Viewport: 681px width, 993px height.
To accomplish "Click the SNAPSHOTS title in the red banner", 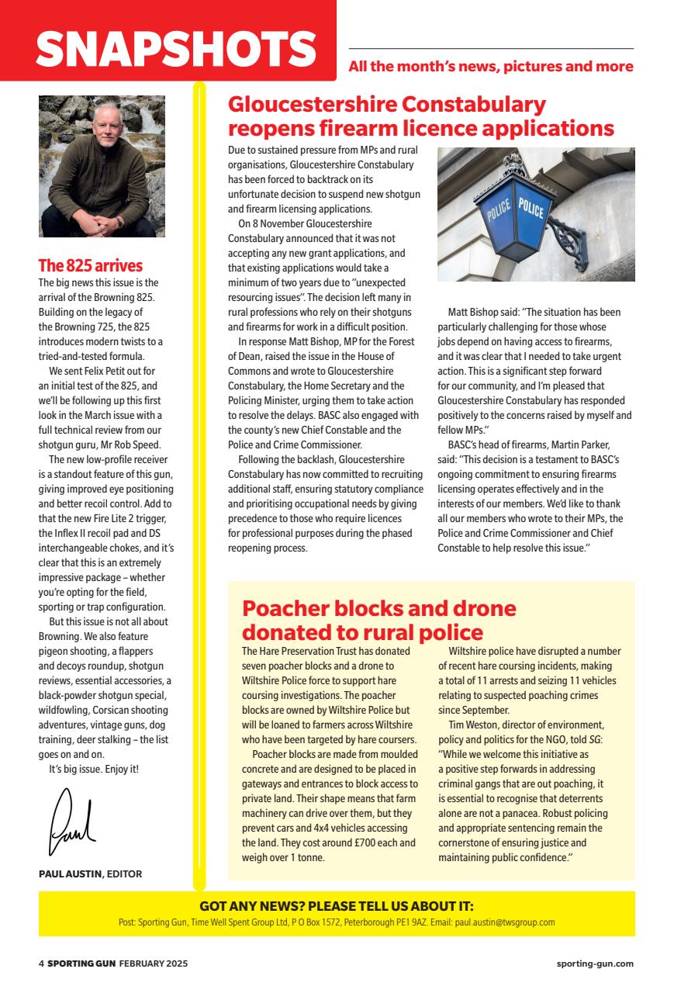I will pos(176,49).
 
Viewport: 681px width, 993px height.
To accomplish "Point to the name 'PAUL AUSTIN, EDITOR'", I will pos(90,874).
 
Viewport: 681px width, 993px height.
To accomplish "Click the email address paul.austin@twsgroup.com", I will pos(503,922).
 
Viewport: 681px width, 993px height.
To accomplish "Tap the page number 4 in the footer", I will pos(41,964).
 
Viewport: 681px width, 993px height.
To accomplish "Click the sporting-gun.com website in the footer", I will pos(595,964).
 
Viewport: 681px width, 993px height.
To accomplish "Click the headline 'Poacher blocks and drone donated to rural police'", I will pos(379,620).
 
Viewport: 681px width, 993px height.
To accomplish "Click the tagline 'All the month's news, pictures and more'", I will pos(490,67).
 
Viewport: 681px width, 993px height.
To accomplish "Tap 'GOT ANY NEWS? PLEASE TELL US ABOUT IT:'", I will pos(336,906).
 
